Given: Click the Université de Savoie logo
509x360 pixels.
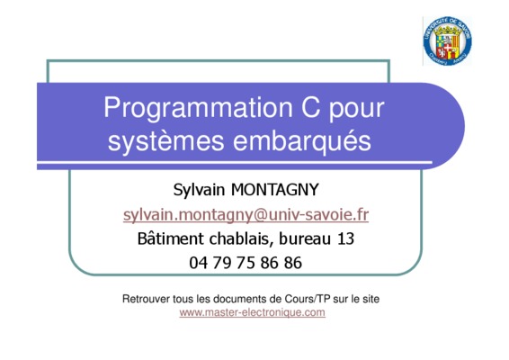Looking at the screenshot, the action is coord(447,40).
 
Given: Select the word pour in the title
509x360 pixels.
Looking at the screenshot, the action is coord(357,111).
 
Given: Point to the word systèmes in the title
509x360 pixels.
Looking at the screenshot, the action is coord(165,141).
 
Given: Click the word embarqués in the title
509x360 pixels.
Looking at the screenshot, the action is coord(302,141).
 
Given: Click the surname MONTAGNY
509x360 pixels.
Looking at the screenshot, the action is coord(275,189).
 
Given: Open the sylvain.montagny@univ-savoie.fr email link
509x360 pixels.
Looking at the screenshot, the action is coord(246,215).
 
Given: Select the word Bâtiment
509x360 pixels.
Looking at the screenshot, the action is coord(171,238).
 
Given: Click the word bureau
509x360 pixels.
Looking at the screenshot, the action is coord(305,238).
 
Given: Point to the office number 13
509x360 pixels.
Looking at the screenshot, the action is coord(345,238).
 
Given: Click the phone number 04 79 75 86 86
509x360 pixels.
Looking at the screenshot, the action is coord(246,263).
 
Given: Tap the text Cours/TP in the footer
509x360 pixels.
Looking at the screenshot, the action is coord(308,299).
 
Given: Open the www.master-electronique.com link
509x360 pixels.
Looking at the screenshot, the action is coord(252,312).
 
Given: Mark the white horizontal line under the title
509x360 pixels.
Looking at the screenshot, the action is coord(235,162).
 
